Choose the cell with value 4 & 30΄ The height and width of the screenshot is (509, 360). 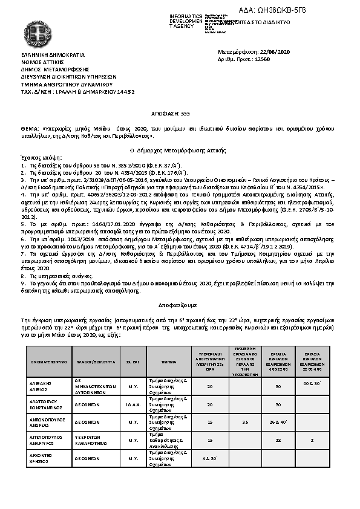click(210, 459)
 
